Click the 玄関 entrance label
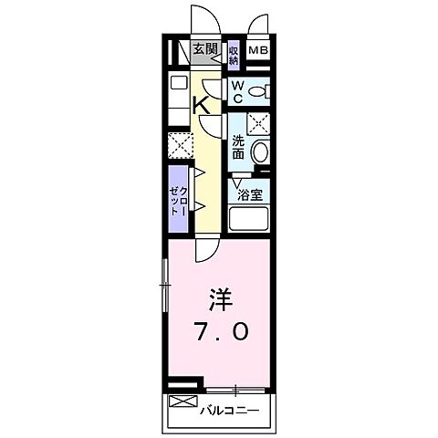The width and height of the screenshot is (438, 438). point(205,51)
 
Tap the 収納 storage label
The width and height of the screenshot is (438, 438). point(234,56)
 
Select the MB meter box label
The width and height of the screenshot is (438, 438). point(258,51)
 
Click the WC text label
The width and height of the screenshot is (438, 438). point(235,92)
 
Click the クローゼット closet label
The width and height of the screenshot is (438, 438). point(178,197)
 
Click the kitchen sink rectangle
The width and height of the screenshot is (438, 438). point(179,92)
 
